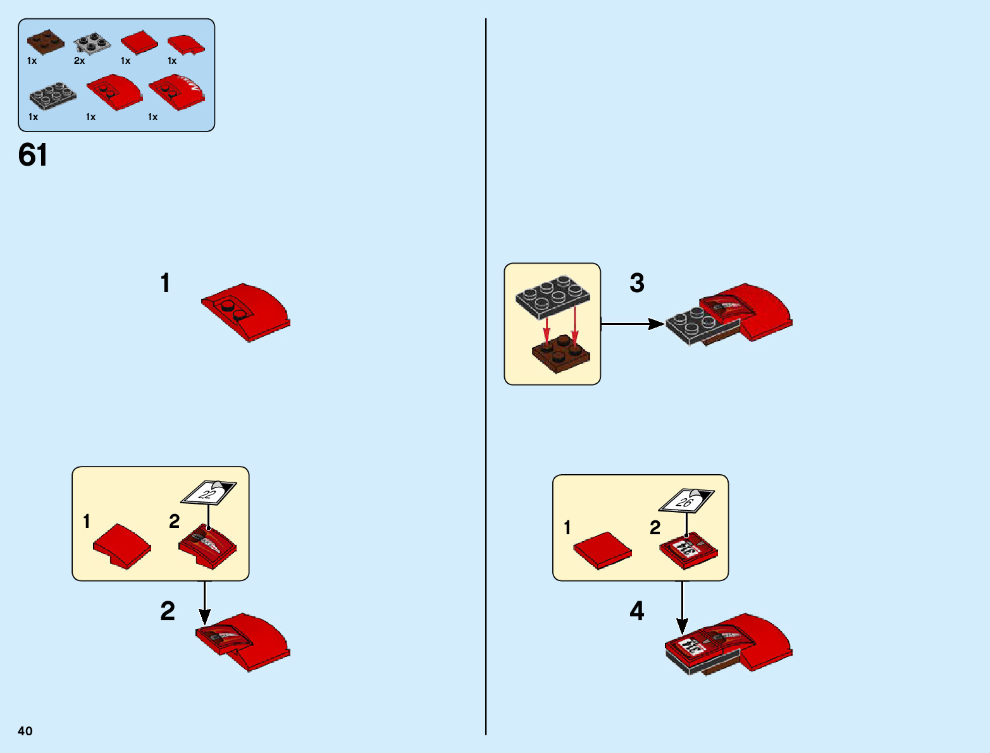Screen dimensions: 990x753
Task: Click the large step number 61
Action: click(x=33, y=155)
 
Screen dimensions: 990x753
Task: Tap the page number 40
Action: click(x=25, y=731)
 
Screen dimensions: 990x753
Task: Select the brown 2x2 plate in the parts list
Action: click(x=45, y=41)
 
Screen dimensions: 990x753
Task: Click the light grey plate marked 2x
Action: click(x=92, y=42)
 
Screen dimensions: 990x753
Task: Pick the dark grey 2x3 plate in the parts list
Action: click(x=53, y=95)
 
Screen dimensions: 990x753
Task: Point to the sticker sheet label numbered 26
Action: click(x=686, y=501)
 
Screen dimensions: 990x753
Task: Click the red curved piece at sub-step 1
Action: click(x=247, y=312)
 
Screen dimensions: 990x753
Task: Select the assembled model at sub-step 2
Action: click(x=244, y=642)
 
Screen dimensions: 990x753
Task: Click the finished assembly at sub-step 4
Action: click(x=728, y=643)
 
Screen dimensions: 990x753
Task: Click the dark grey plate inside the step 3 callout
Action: click(x=553, y=295)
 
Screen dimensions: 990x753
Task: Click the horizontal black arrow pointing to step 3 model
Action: click(x=632, y=324)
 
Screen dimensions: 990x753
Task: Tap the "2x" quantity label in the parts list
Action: click(x=79, y=61)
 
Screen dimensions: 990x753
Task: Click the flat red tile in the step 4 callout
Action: click(x=602, y=549)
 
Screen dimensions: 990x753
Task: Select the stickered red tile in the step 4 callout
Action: click(x=688, y=549)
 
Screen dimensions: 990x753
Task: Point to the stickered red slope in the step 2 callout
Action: click(x=207, y=546)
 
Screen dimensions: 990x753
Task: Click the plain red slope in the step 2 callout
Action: click(x=122, y=546)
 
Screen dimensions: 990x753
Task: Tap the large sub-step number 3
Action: click(x=637, y=283)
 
